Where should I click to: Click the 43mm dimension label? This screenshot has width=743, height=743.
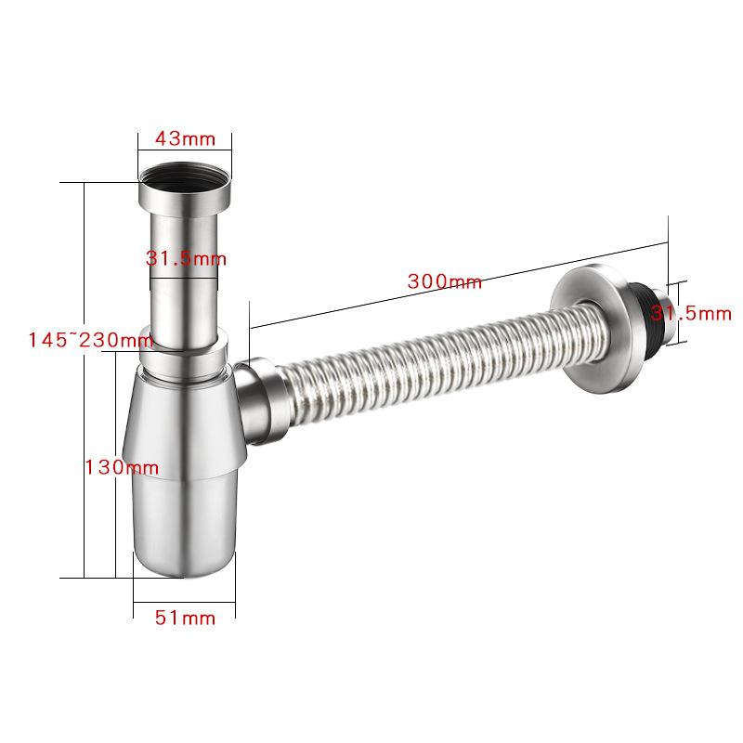pos(185,138)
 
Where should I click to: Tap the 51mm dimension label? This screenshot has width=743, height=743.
pos(185,618)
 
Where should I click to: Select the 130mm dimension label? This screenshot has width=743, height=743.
pos(122,468)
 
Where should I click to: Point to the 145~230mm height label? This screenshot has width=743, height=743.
pos(90,340)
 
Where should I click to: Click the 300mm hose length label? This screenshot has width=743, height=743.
pos(445,281)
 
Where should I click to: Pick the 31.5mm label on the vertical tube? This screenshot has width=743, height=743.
pos(186,259)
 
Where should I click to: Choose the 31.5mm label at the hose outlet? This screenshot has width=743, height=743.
pos(691,313)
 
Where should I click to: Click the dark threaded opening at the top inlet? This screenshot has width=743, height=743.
pos(185,178)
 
